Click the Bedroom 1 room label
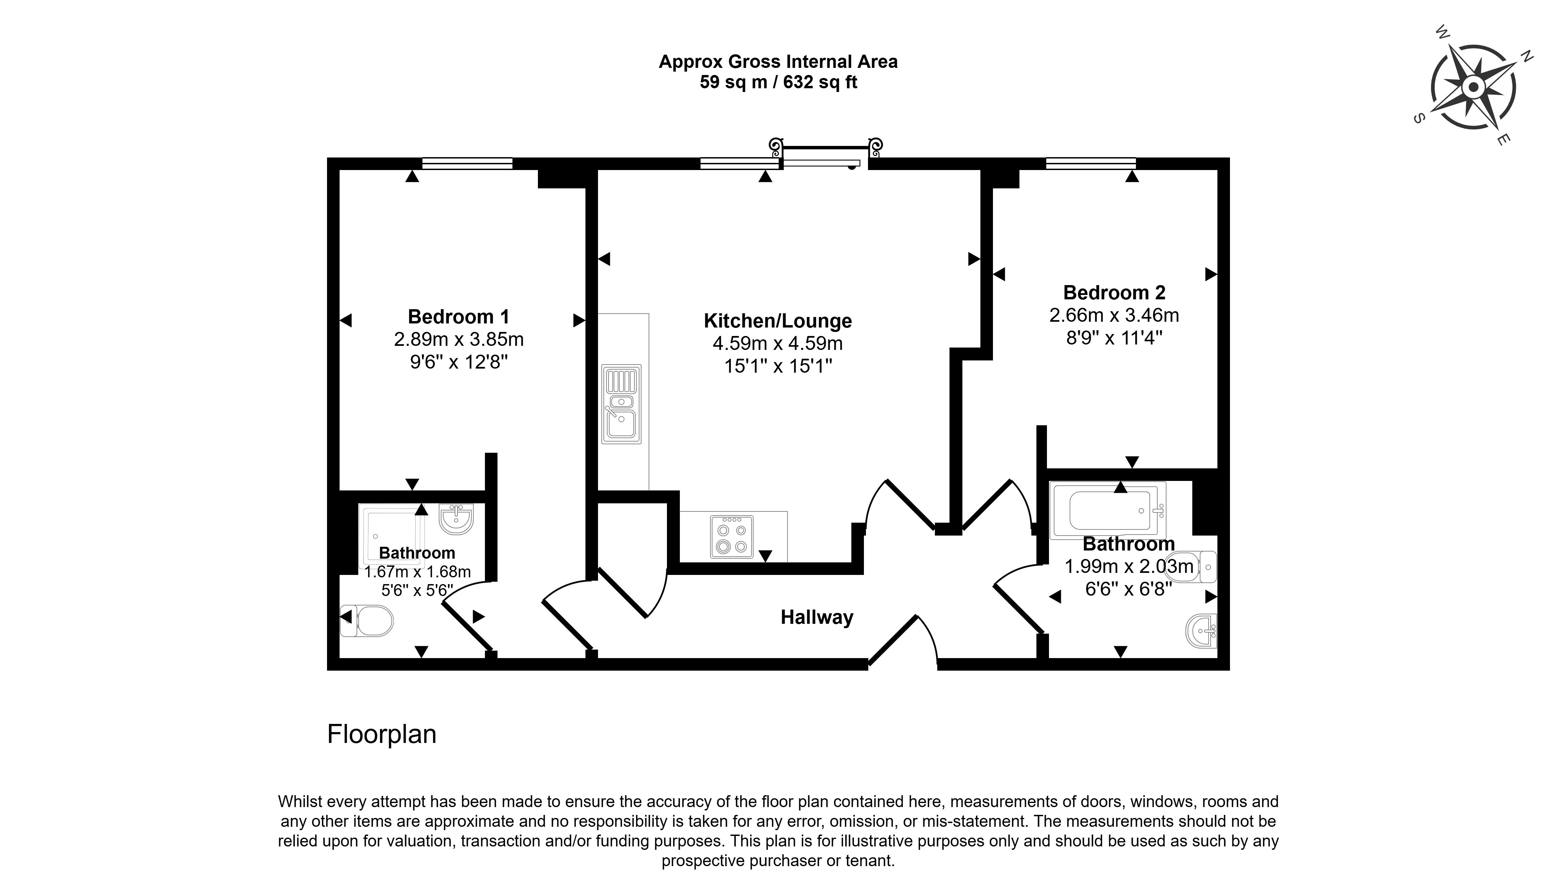459,317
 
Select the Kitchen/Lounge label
778,321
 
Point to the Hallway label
817,617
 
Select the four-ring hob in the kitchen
731,537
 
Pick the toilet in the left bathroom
367,621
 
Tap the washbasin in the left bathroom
456,519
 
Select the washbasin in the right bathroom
1201,631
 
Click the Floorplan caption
382,734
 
